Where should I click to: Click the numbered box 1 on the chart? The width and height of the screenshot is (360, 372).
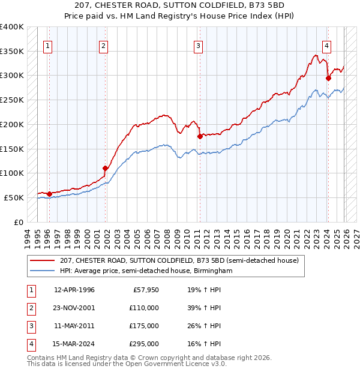point(47,45)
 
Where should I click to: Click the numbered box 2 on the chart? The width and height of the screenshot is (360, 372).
point(103,45)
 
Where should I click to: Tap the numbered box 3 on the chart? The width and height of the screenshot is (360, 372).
point(198,45)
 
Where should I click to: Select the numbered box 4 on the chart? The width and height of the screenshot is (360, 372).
point(326,45)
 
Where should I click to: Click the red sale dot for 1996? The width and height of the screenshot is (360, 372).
point(49,193)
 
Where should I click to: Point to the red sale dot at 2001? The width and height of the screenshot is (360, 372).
point(105,168)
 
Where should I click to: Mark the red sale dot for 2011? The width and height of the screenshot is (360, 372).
point(200,136)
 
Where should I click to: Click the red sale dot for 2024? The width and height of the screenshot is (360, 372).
point(328,77)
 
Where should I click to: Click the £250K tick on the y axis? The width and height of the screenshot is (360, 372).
point(12,100)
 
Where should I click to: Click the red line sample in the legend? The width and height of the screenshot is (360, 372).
point(42,260)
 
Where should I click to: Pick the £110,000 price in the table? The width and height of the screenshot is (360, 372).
point(145,308)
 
